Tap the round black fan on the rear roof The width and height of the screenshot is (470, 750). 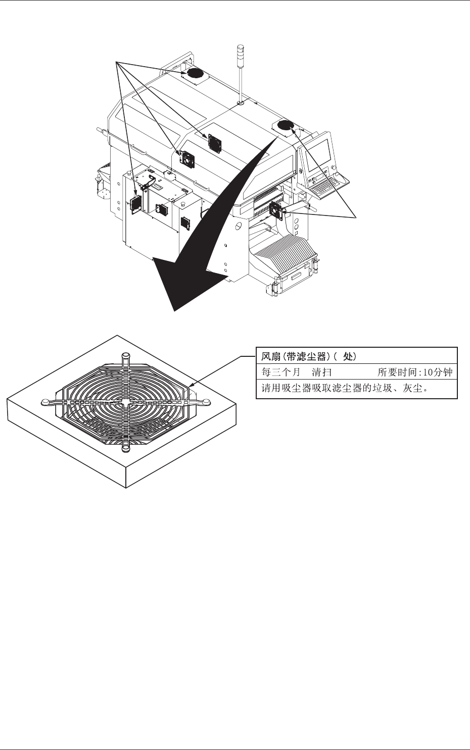(x=195, y=74)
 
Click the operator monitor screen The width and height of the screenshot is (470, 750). (x=319, y=151)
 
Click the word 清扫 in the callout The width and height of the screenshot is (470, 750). (x=321, y=372)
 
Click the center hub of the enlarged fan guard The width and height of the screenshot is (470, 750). (x=125, y=402)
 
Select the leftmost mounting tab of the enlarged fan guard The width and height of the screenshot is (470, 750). (x=45, y=402)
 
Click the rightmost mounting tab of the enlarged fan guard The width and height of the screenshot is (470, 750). (x=206, y=402)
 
